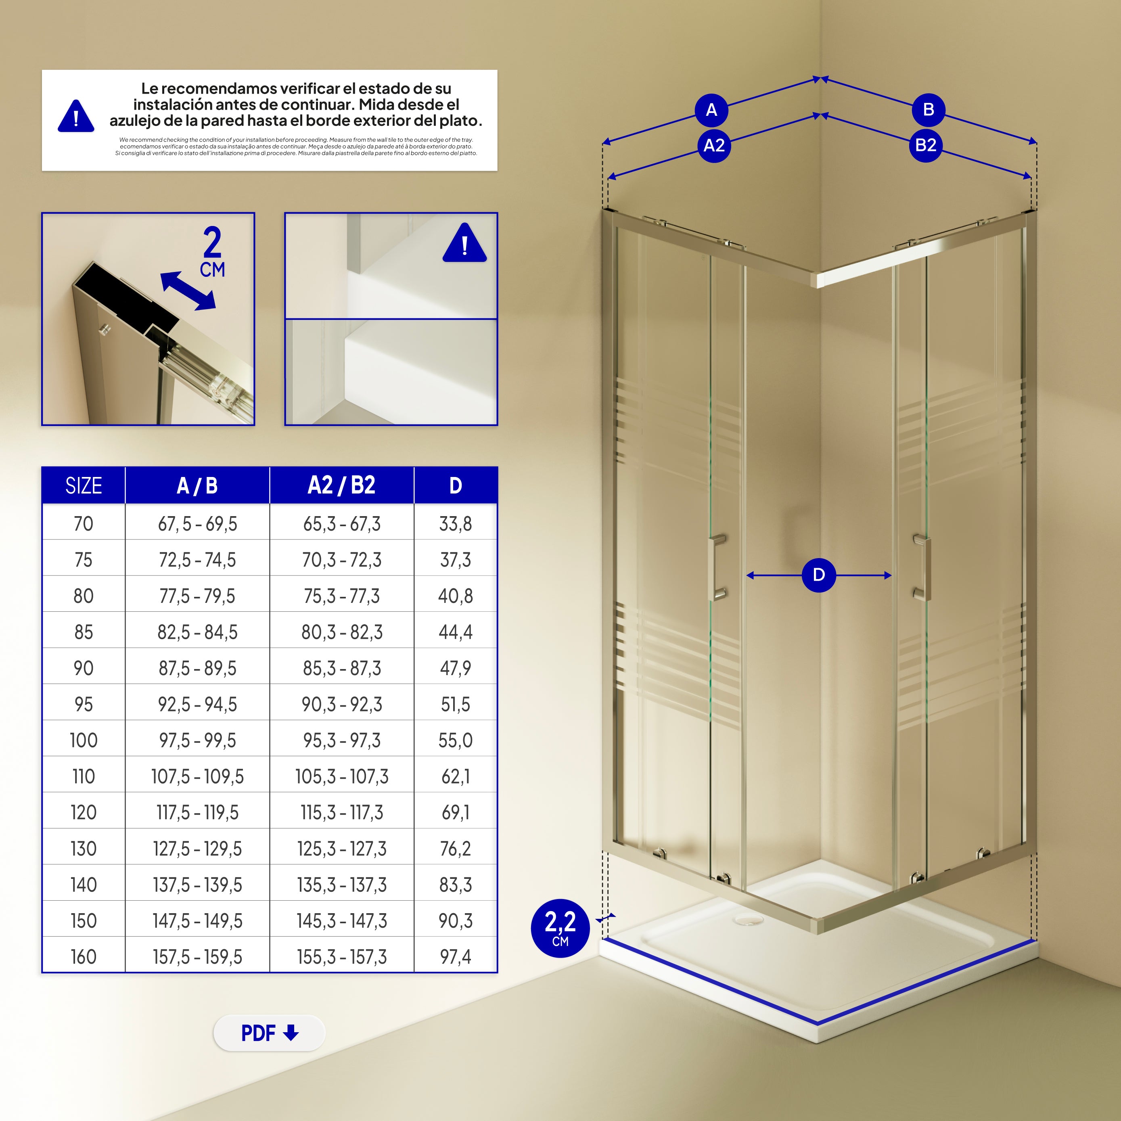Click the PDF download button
(x=269, y=1033)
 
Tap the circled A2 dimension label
(x=714, y=145)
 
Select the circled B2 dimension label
(x=925, y=145)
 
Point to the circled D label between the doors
(x=819, y=575)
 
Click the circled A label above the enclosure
(x=711, y=110)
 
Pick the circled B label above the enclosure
(x=929, y=110)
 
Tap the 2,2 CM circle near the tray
(x=560, y=928)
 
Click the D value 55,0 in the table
(x=456, y=740)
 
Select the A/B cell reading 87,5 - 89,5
(x=197, y=668)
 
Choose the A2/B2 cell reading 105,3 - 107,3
(x=342, y=776)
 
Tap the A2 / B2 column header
(x=342, y=485)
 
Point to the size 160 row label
(x=84, y=957)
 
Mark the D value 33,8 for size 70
(x=456, y=524)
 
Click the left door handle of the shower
(x=717, y=567)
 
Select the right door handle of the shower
(x=922, y=567)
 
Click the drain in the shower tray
(x=748, y=920)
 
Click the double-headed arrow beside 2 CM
(x=188, y=291)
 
